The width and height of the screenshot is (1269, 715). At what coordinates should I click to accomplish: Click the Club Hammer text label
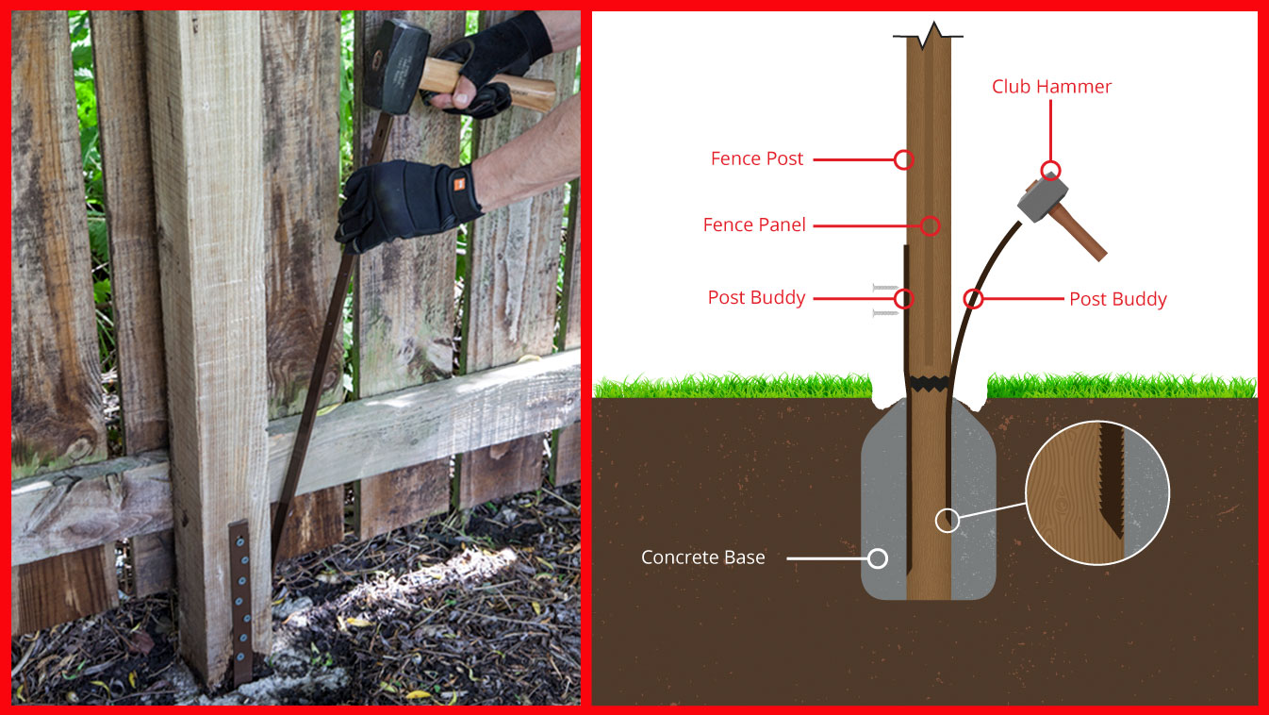click(x=1051, y=87)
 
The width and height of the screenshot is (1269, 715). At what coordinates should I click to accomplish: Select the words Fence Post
click(x=757, y=159)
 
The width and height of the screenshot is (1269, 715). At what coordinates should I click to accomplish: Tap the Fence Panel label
click(x=754, y=225)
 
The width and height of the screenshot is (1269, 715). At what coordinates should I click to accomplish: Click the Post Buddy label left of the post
click(x=756, y=298)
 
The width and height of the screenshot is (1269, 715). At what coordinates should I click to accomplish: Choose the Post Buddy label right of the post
click(x=1117, y=299)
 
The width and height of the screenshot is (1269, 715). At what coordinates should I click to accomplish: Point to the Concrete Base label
click(x=702, y=557)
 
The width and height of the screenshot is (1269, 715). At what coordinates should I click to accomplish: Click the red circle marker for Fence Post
click(x=903, y=159)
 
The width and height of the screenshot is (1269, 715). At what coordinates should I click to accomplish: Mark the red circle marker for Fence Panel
click(x=930, y=225)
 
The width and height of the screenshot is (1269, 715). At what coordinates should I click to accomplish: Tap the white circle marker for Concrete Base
click(x=877, y=558)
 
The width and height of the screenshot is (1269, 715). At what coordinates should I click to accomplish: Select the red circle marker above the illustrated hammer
click(x=1050, y=171)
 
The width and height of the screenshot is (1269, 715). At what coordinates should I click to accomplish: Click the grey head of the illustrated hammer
click(x=1035, y=197)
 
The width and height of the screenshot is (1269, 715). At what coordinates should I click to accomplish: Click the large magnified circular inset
click(x=1096, y=492)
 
